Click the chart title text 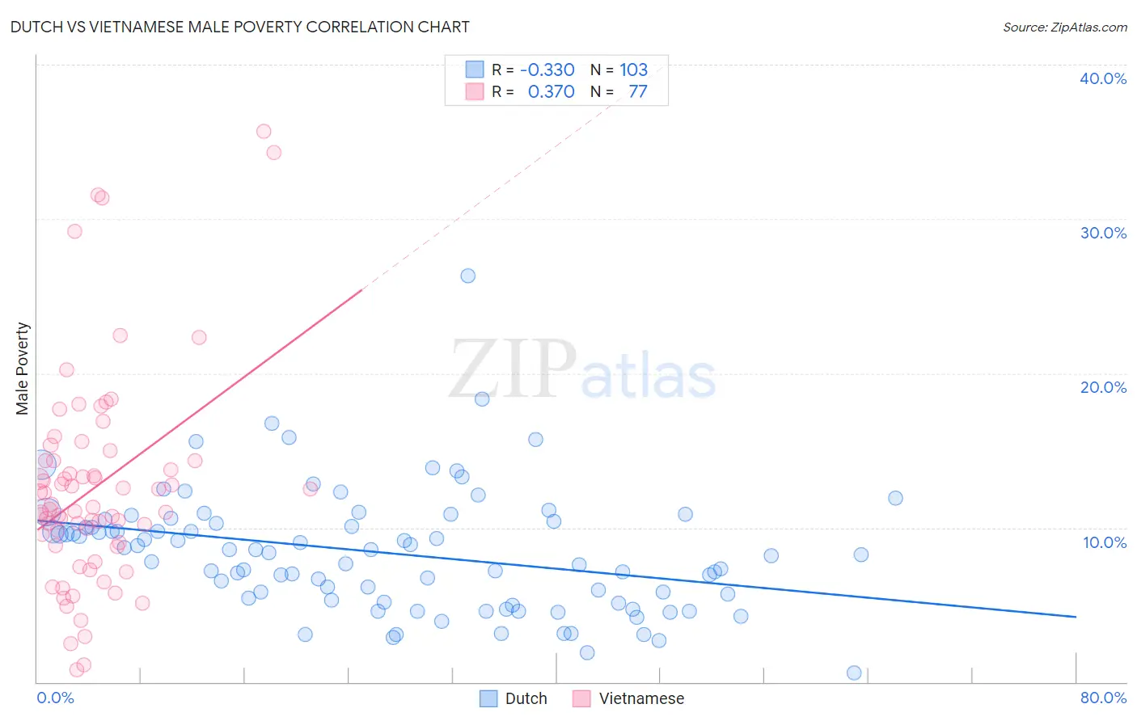coord(239,27)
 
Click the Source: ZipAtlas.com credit coord(1064,27)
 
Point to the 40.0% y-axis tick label coord(1102,78)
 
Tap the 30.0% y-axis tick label coord(1102,233)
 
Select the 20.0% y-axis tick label coord(1102,387)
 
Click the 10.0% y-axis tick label coord(1104,542)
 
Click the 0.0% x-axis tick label coord(55,698)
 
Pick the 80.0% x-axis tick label coord(1103,698)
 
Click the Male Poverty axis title coord(22,369)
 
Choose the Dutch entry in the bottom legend coord(514,698)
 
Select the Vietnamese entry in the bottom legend coord(628,698)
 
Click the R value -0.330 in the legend coord(547,70)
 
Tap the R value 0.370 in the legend coord(551,91)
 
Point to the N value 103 coord(633,70)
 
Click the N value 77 coord(637,91)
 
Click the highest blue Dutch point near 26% coord(467,276)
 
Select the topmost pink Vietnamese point coord(264,131)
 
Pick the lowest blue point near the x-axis coord(854,673)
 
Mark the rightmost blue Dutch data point coord(895,498)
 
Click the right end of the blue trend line coord(1076,617)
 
